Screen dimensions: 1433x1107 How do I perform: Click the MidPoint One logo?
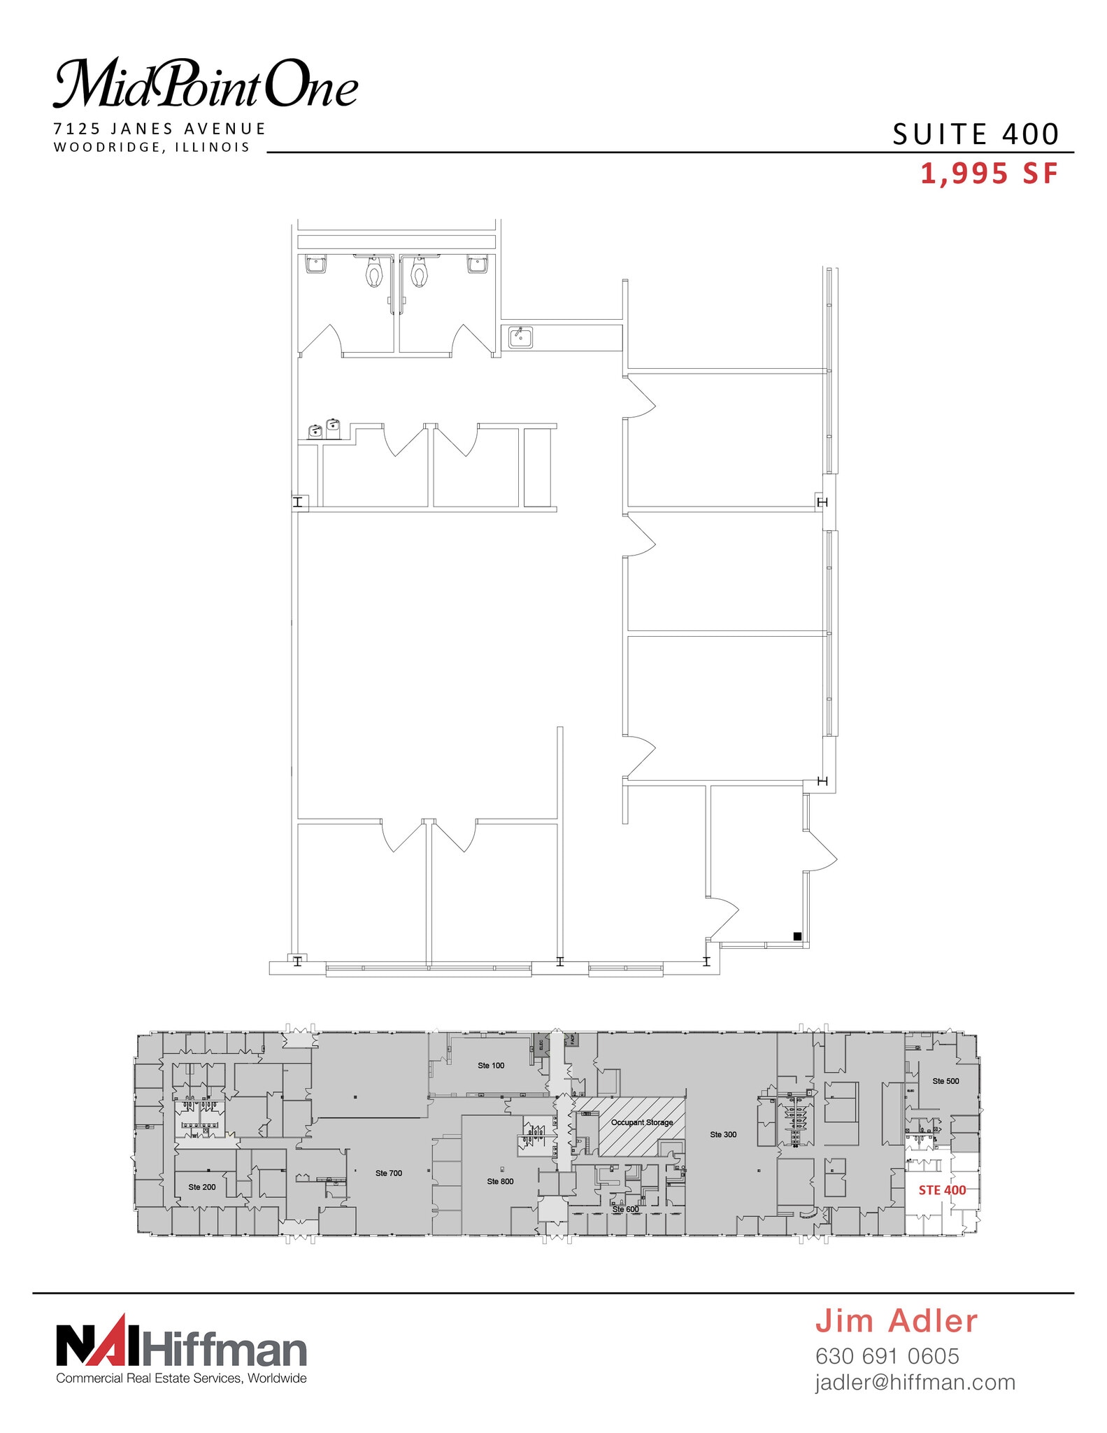(206, 84)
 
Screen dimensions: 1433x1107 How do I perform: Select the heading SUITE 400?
(976, 134)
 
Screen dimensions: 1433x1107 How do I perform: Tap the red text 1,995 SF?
(989, 174)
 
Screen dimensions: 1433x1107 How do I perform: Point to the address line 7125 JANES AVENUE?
(160, 129)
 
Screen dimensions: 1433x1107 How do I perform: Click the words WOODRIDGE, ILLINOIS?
(152, 147)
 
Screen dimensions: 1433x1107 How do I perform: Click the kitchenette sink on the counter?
(520, 337)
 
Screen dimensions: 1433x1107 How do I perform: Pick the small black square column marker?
(797, 936)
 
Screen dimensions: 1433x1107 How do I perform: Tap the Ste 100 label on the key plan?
(491, 1066)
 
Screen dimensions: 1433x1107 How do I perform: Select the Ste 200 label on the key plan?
(202, 1187)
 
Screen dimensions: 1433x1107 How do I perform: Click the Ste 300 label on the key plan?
(723, 1135)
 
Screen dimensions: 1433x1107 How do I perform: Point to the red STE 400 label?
(942, 1190)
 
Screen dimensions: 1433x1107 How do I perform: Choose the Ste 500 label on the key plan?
(945, 1081)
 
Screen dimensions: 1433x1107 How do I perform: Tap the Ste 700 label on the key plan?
(389, 1173)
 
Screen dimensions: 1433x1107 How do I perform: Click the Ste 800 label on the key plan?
(500, 1182)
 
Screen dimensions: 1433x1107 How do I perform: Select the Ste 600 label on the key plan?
(625, 1209)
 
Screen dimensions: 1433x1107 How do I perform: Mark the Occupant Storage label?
(642, 1122)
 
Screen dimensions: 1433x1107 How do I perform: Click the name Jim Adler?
(897, 1321)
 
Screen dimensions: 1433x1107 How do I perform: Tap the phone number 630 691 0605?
(887, 1356)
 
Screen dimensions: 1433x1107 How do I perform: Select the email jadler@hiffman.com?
(915, 1383)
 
